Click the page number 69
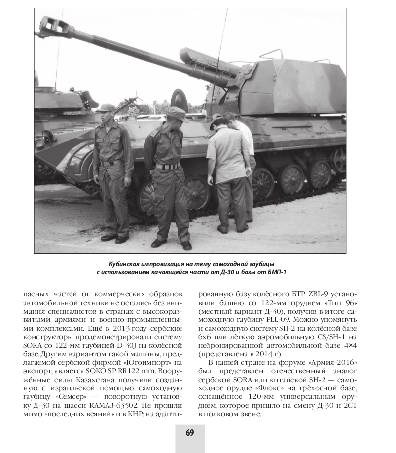[x=190, y=433]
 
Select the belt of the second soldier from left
[x=168, y=166]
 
